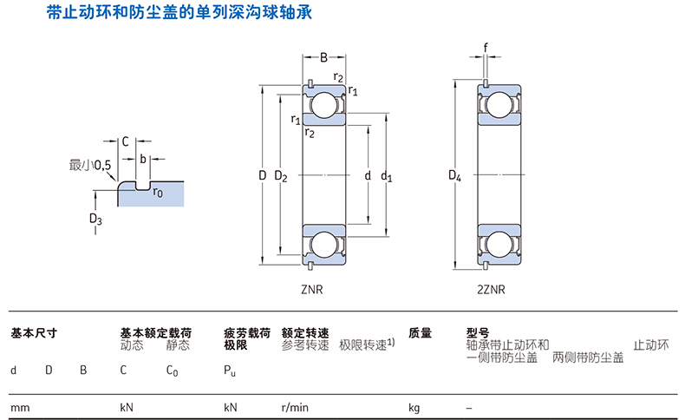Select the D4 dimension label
click(453, 176)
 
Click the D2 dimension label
click(280, 176)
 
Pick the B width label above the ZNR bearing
click(323, 58)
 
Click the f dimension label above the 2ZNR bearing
click(486, 47)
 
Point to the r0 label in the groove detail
click(158, 193)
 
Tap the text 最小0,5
click(90, 164)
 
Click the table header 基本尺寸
click(34, 332)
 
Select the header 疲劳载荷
click(247, 332)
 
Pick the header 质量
click(420, 332)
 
